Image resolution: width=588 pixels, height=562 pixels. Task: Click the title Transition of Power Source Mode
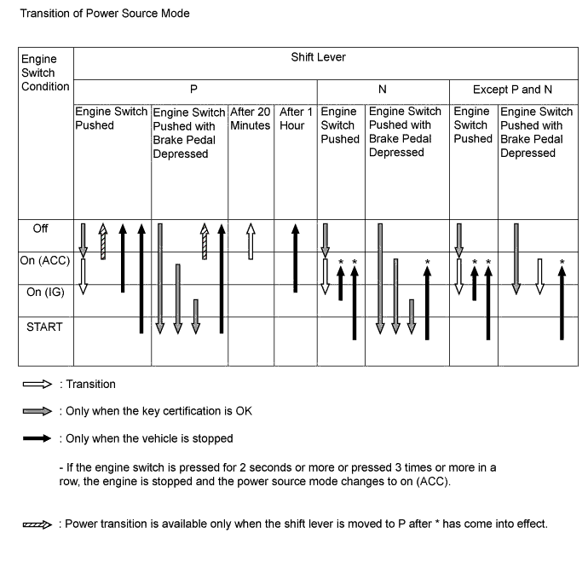pyautogui.click(x=104, y=14)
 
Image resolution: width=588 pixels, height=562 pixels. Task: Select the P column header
pyautogui.click(x=194, y=89)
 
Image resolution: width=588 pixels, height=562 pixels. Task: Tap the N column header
pyautogui.click(x=383, y=89)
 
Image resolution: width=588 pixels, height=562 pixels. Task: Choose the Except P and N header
pyautogui.click(x=513, y=89)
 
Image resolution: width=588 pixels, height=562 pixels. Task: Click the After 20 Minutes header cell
pyautogui.click(x=251, y=119)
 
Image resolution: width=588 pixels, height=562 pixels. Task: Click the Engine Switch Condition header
pyautogui.click(x=39, y=72)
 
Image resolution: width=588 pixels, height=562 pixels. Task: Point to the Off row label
pyautogui.click(x=41, y=229)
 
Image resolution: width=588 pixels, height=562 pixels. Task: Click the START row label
pyautogui.click(x=44, y=327)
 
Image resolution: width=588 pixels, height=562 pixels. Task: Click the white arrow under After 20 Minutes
pyautogui.click(x=251, y=241)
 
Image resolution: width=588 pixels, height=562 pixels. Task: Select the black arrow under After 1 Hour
pyautogui.click(x=295, y=256)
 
